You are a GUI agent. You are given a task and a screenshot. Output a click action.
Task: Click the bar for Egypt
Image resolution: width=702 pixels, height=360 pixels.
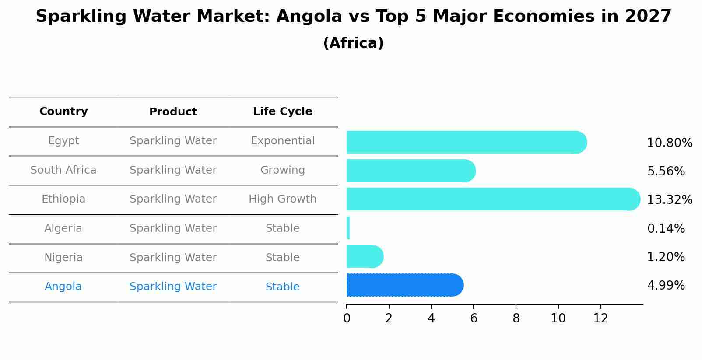pos(466,142)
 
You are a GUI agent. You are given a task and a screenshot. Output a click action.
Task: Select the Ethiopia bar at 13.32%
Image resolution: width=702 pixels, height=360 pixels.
pos(493,199)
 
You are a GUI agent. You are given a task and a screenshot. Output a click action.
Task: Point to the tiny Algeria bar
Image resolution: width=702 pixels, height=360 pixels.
pos(348,228)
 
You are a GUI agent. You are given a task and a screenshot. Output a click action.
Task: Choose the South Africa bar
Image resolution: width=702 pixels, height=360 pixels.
pos(411,171)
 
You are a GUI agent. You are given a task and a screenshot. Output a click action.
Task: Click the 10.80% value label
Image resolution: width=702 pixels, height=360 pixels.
pos(669,143)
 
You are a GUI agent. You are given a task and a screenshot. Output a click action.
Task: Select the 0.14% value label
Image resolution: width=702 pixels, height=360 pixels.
pos(666,228)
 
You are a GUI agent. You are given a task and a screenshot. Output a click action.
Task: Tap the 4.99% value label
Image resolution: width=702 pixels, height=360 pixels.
pos(666,286)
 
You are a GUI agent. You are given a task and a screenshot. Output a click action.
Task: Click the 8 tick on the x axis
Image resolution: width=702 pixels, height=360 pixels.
pos(516,318)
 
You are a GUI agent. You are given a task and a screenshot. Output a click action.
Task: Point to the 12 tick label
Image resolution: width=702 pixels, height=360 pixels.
pos(600,318)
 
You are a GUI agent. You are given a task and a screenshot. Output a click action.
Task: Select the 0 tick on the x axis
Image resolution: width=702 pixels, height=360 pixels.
pos(347,318)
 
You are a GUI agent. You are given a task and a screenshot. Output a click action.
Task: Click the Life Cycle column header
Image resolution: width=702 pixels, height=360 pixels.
pos(282,112)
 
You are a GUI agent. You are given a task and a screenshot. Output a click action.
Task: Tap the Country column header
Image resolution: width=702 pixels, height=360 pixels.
pos(63,112)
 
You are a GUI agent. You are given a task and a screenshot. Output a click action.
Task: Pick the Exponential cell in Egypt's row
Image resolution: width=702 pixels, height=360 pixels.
pos(282,141)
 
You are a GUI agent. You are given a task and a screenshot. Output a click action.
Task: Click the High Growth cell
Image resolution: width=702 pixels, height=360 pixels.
pos(282,199)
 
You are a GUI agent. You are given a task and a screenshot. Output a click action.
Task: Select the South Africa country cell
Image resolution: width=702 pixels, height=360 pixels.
pos(63,170)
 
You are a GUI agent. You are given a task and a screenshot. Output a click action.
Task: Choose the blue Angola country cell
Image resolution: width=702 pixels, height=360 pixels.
pos(63,287)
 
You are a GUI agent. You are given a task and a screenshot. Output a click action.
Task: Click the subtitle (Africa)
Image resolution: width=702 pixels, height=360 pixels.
pos(353,43)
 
